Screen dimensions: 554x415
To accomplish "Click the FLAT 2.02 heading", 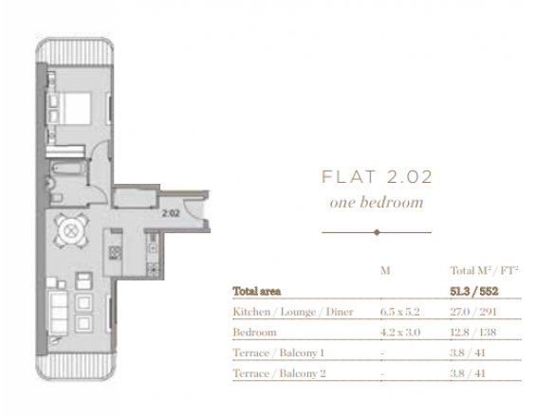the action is click(377, 177).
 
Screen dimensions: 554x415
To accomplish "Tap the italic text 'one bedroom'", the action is click(377, 203).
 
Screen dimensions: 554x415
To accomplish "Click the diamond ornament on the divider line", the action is click(377, 232).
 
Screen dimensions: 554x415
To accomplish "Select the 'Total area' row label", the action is click(257, 292).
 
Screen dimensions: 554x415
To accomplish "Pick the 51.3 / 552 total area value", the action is click(473, 292).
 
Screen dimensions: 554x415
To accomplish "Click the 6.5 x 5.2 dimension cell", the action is click(400, 312).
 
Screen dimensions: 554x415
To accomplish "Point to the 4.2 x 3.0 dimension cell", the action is click(400, 333).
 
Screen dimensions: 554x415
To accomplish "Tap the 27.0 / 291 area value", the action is click(473, 312).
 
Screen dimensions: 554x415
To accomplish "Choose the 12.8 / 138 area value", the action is click(473, 333).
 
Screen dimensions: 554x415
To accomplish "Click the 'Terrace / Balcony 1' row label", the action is click(278, 352).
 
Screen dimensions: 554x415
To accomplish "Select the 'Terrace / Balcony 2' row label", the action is click(279, 373).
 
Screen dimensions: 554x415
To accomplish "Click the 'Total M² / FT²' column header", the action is click(484, 271).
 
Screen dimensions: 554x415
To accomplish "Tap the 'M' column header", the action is click(385, 271).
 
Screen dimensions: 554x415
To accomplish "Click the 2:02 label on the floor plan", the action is click(171, 213).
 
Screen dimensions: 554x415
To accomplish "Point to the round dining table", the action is click(71, 231).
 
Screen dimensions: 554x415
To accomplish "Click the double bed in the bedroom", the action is click(68, 109).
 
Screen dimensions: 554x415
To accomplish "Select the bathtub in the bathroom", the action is click(68, 168).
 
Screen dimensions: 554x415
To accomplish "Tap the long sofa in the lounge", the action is click(57, 313).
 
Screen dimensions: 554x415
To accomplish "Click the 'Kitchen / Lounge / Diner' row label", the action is click(293, 312).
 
